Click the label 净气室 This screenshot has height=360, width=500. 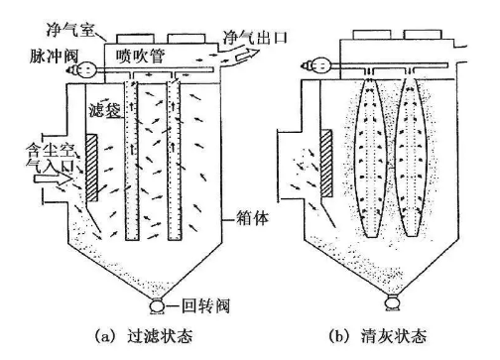click(x=70, y=30)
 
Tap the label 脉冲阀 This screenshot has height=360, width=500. click(x=54, y=56)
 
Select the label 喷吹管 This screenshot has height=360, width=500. click(x=140, y=57)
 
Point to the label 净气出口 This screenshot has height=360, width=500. click(x=255, y=37)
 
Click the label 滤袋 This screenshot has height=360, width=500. click(x=105, y=110)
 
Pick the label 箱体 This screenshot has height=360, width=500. click(x=252, y=218)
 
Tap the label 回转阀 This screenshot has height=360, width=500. click(x=205, y=306)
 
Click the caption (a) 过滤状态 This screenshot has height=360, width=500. click(x=143, y=336)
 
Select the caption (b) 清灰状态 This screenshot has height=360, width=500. click(x=378, y=336)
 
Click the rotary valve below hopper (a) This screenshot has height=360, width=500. click(x=157, y=305)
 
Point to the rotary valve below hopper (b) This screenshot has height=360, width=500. click(x=392, y=302)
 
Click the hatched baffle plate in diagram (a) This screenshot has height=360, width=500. click(x=91, y=168)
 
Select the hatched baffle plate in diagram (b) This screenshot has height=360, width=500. click(x=326, y=163)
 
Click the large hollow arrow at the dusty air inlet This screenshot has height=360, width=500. click(x=53, y=179)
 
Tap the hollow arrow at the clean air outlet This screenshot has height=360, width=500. click(x=247, y=54)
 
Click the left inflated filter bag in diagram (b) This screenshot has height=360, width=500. click(x=371, y=158)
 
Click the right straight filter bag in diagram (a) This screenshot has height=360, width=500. click(x=174, y=161)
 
